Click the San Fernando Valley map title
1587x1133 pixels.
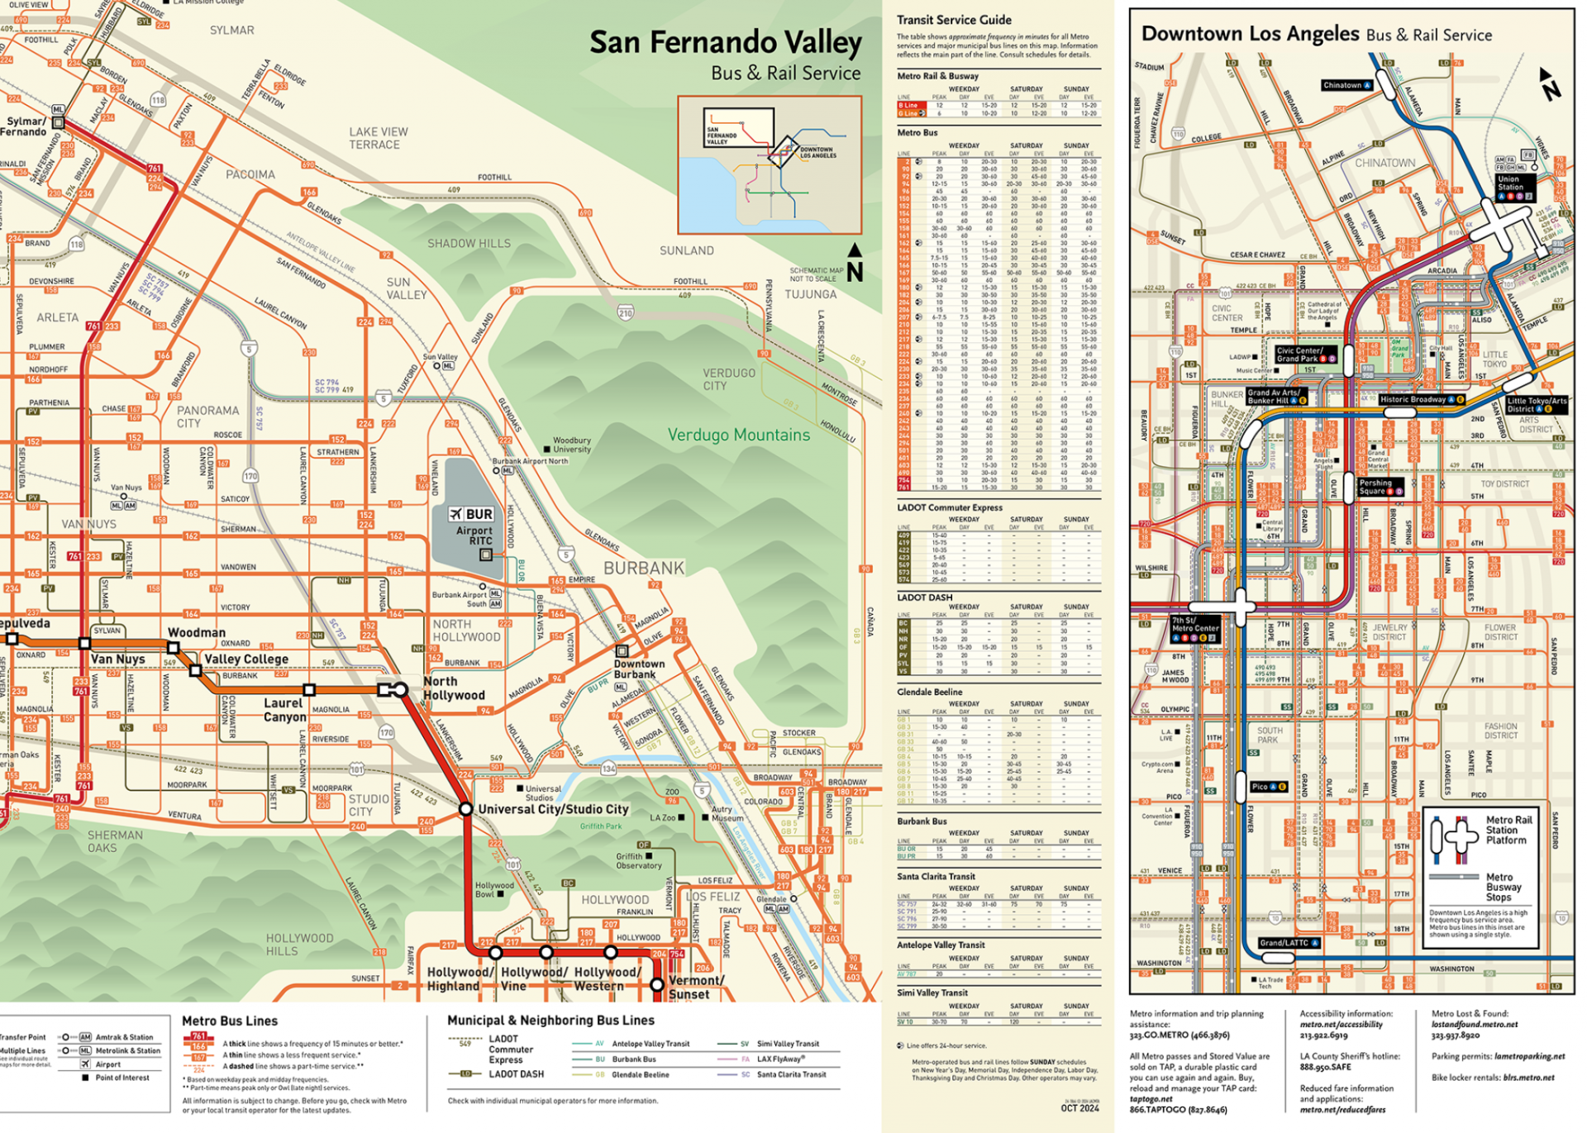pos(725,43)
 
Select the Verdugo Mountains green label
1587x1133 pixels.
pos(738,435)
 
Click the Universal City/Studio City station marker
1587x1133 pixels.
pos(466,809)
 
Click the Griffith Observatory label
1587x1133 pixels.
pos(638,861)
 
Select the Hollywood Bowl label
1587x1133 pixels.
pos(494,889)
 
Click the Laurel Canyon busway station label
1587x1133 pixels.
pos(284,710)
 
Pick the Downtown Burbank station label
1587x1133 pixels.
pos(639,669)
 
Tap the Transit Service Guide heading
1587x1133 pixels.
pos(954,20)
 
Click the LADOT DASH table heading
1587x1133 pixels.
pos(924,597)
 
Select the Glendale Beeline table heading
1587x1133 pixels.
pos(929,692)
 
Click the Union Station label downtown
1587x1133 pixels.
pos(1509,183)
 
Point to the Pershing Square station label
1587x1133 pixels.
pos(1376,487)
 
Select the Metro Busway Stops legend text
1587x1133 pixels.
pos(1503,887)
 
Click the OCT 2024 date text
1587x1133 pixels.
pos(1079,1108)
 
